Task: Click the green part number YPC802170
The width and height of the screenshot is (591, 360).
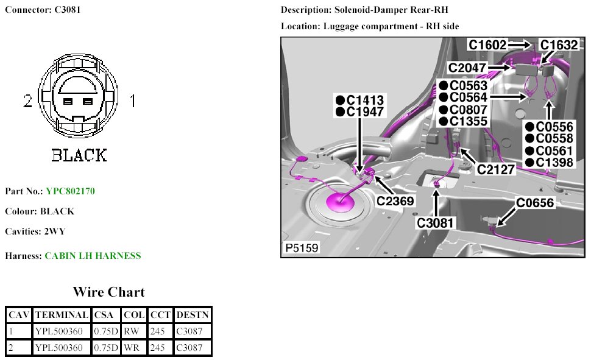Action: coord(70,191)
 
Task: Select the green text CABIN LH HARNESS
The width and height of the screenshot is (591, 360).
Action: coord(93,256)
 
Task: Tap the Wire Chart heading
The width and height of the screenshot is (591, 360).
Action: coord(108,292)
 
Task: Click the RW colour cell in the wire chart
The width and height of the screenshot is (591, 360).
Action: coord(131,331)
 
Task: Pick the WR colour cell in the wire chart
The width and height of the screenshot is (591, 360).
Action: coord(131,348)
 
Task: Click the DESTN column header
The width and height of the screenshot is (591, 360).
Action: coord(193,315)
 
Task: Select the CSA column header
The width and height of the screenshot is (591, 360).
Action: coord(106,315)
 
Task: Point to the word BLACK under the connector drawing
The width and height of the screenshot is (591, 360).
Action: coord(79,155)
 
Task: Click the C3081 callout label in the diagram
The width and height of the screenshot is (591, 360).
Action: coord(436,223)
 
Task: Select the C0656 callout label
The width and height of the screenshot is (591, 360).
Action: coord(535,203)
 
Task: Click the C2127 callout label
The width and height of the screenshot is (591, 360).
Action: coord(496,169)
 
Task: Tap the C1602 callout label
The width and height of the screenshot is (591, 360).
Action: coord(487,45)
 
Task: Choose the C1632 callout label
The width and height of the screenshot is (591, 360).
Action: coord(559,45)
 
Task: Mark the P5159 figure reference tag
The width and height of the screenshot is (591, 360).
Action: coord(302,249)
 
